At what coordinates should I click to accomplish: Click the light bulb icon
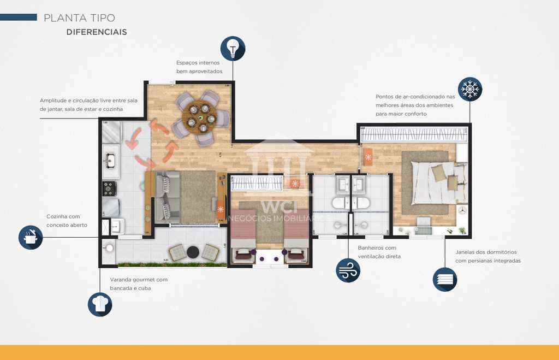233,49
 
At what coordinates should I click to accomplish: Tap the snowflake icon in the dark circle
469,89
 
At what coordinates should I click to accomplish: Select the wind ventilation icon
348,270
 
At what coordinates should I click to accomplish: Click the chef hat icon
100,304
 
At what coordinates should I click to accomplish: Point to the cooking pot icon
31,237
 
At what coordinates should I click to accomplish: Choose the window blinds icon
445,279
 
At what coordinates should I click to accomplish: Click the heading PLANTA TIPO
79,18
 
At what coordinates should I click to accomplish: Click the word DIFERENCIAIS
97,32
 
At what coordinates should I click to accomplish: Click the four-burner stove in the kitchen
109,188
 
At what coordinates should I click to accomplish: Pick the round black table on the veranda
193,252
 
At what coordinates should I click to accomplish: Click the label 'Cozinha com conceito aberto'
67,221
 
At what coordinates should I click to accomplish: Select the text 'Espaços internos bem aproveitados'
199,67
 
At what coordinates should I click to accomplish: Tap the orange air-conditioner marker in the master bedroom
368,157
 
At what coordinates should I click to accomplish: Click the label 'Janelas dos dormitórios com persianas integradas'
487,256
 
